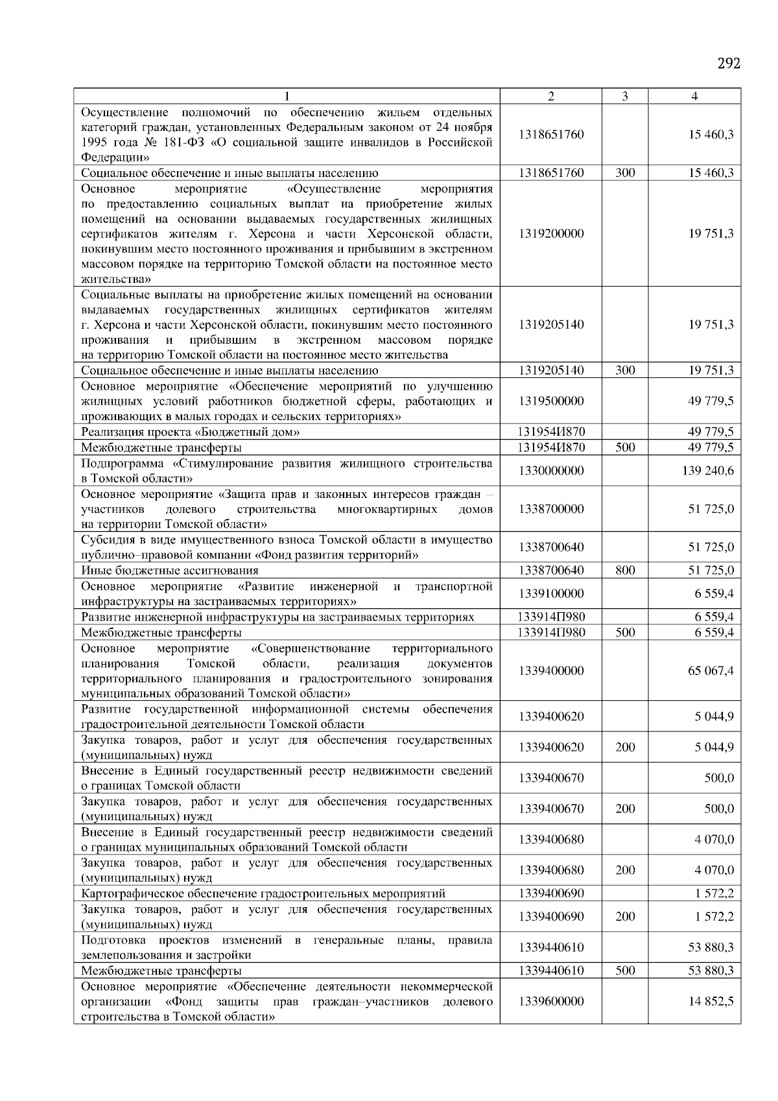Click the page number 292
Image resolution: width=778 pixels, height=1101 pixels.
(x=729, y=64)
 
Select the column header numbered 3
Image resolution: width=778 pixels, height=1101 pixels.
(x=624, y=97)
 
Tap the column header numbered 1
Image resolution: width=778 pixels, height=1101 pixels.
(x=287, y=97)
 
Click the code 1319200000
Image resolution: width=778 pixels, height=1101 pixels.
(x=551, y=233)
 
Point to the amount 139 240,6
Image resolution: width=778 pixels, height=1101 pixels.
(x=708, y=471)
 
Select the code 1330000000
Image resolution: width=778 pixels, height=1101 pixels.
(x=551, y=471)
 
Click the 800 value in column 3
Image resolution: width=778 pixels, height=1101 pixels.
(x=625, y=571)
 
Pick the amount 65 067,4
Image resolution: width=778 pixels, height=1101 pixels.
(x=711, y=670)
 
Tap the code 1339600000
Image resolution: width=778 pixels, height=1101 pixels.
(x=551, y=1001)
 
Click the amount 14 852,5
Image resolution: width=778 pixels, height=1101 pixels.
(x=711, y=1001)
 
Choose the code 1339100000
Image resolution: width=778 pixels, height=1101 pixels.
(x=551, y=594)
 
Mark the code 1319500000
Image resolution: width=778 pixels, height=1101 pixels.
(x=551, y=401)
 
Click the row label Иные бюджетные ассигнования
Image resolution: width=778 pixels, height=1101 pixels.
(x=169, y=571)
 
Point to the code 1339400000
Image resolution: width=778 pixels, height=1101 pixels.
(x=551, y=670)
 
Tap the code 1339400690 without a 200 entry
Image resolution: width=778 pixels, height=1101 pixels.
(x=551, y=894)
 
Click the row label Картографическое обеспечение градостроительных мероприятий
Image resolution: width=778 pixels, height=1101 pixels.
(x=263, y=894)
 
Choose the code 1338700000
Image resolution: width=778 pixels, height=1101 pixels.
(x=551, y=509)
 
